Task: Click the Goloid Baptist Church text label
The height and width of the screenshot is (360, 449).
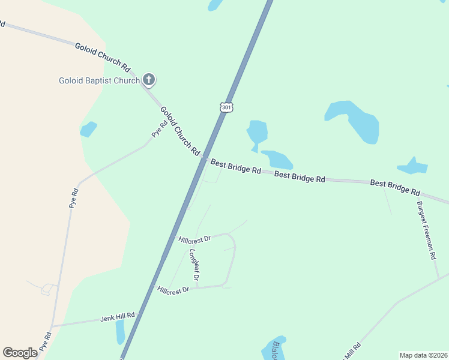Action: point(99,80)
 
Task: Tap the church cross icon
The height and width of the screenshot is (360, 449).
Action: point(149,79)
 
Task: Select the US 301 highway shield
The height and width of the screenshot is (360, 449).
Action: point(226,107)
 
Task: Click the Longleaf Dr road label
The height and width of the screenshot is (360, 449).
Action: point(193,265)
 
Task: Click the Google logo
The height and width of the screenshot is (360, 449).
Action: point(20,353)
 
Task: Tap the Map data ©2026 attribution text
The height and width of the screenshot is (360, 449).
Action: point(423,355)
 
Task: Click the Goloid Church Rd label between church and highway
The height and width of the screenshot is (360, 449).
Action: point(179,131)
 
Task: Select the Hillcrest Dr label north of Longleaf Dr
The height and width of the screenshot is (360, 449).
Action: point(194,239)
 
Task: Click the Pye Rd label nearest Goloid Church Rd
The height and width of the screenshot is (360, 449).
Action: point(158,129)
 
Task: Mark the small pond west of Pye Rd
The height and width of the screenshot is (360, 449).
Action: point(88,129)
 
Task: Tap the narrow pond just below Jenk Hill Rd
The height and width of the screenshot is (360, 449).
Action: point(120,332)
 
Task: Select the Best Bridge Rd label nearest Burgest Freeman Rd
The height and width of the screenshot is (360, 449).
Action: point(394,187)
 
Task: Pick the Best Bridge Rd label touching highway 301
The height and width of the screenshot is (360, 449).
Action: point(235,167)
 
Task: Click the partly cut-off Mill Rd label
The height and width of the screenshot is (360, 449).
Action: point(351,350)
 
